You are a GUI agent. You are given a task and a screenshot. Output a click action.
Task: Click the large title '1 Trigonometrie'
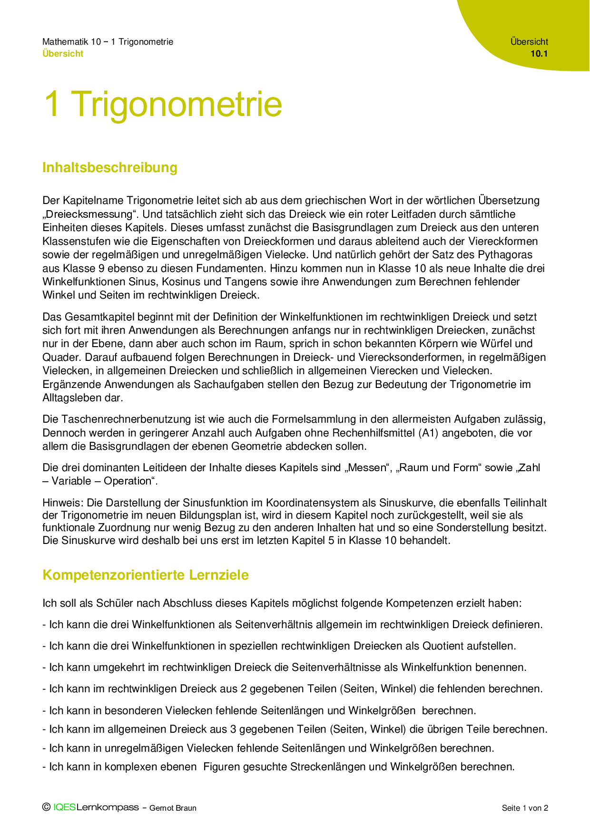click(x=163, y=104)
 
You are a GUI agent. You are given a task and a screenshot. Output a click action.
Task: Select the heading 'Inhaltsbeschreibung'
click(x=110, y=167)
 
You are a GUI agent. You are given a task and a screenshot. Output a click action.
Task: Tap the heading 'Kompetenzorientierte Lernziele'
click(x=146, y=575)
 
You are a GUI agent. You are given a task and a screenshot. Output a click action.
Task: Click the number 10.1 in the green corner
click(x=539, y=54)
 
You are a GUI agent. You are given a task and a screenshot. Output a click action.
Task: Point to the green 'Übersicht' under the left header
click(x=63, y=54)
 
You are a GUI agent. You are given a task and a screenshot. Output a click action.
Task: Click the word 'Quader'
click(x=58, y=357)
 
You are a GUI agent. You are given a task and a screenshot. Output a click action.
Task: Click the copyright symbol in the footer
click(x=46, y=807)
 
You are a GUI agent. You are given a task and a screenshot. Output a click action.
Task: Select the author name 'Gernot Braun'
click(x=173, y=808)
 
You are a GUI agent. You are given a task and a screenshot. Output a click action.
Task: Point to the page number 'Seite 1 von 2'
click(x=525, y=808)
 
